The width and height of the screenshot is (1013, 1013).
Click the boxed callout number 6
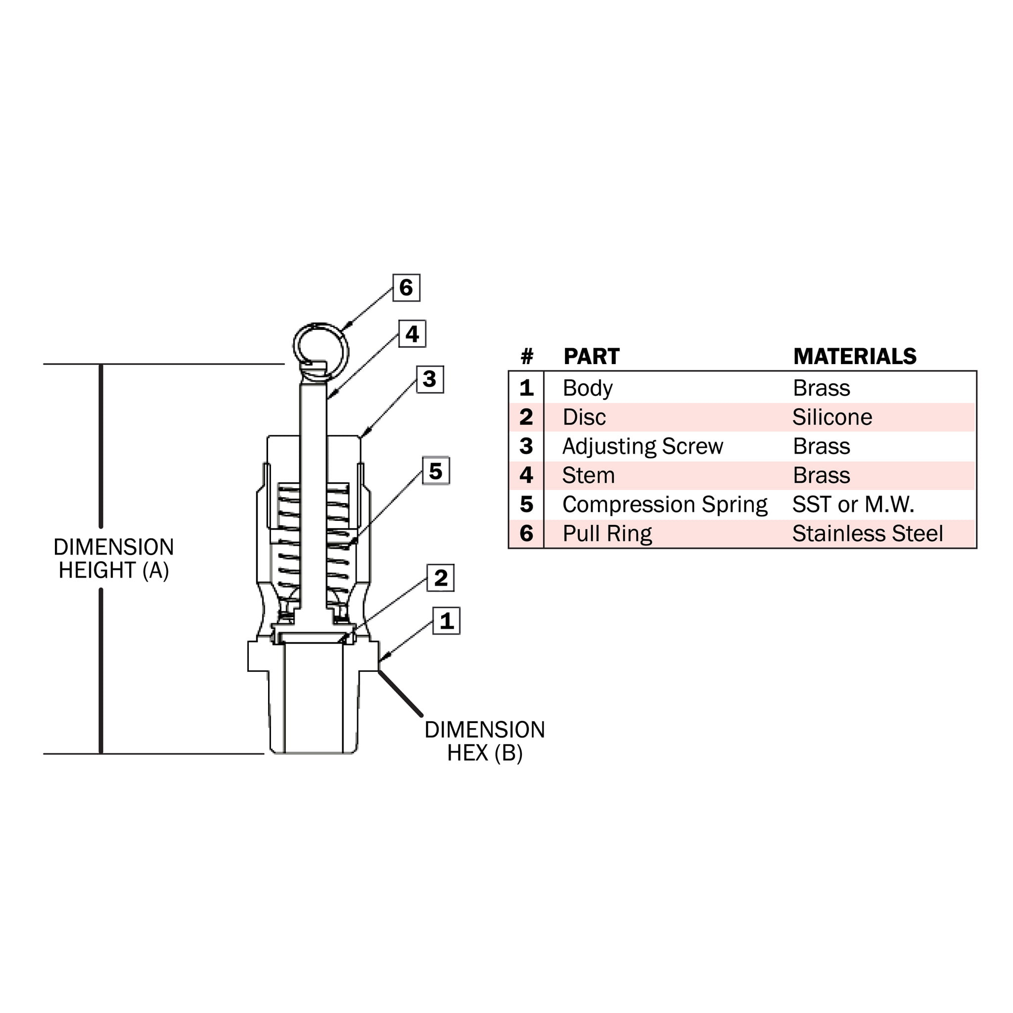(x=407, y=287)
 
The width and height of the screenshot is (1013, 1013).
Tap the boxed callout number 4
(x=412, y=333)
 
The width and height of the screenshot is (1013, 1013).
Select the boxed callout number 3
(x=430, y=379)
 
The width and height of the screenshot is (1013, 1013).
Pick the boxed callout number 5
(x=436, y=471)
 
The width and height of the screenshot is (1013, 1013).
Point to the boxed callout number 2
(x=440, y=578)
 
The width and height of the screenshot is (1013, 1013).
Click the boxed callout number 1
(x=446, y=621)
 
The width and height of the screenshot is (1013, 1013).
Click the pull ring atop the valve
(x=321, y=350)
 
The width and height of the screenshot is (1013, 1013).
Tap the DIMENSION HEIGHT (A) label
(x=114, y=558)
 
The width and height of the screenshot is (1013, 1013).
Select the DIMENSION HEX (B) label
(x=484, y=741)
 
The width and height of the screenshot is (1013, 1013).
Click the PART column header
(x=592, y=357)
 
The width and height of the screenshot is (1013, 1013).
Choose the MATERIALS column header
(x=855, y=357)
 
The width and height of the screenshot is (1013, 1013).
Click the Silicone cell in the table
(x=832, y=417)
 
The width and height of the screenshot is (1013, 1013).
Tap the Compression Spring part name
(x=665, y=505)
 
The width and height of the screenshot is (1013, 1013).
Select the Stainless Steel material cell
(x=867, y=534)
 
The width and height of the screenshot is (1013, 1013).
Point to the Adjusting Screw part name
(x=643, y=447)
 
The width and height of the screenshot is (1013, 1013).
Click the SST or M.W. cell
(x=853, y=505)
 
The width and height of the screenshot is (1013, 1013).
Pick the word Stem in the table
(x=588, y=475)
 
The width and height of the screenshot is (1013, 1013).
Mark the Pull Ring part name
(x=607, y=534)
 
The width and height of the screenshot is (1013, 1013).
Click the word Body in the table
(x=588, y=388)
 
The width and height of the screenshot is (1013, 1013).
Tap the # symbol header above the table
(x=527, y=357)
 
